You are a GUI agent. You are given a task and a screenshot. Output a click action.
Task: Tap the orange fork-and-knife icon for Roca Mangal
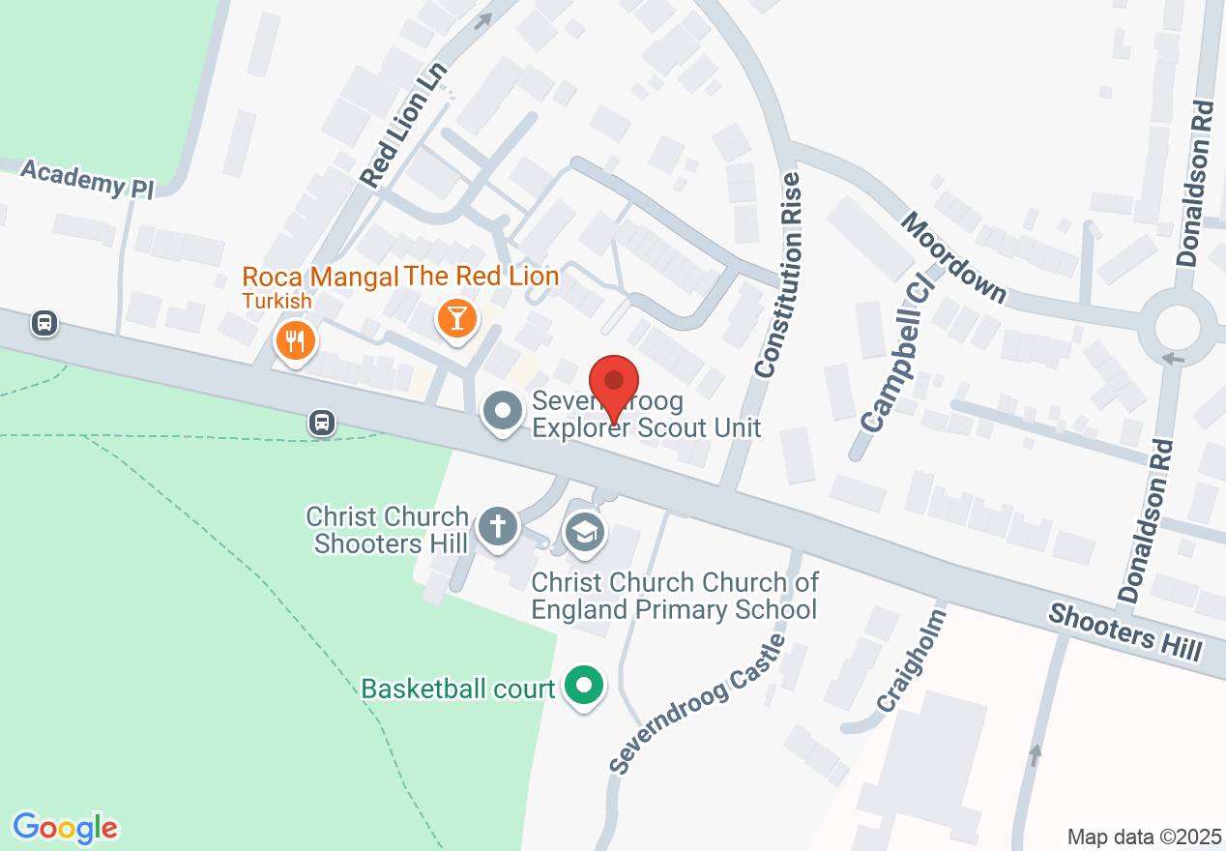click(x=295, y=341)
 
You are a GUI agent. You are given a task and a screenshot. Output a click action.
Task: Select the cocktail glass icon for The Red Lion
click(x=456, y=317)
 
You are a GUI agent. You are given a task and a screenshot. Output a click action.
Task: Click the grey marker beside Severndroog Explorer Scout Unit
click(x=502, y=412)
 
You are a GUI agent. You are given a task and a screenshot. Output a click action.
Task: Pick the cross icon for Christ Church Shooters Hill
click(x=497, y=528)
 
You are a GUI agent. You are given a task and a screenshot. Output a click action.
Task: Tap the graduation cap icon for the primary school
click(x=584, y=532)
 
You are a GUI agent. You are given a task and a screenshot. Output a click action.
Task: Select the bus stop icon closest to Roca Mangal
click(x=322, y=422)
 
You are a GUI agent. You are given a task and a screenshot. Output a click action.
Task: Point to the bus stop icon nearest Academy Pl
click(x=44, y=323)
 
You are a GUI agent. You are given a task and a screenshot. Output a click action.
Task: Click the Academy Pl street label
click(x=87, y=180)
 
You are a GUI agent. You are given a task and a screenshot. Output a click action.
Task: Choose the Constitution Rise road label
click(x=779, y=276)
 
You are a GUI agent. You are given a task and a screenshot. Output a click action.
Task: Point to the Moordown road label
click(x=953, y=256)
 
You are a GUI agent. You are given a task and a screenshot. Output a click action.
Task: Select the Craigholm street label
click(x=910, y=661)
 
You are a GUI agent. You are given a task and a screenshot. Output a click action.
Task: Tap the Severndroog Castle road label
click(x=696, y=703)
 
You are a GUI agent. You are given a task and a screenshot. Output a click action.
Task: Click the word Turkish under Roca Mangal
click(x=277, y=301)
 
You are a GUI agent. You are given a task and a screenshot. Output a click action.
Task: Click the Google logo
click(x=66, y=828)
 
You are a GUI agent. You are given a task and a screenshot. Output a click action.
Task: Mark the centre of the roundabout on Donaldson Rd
click(x=1177, y=329)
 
